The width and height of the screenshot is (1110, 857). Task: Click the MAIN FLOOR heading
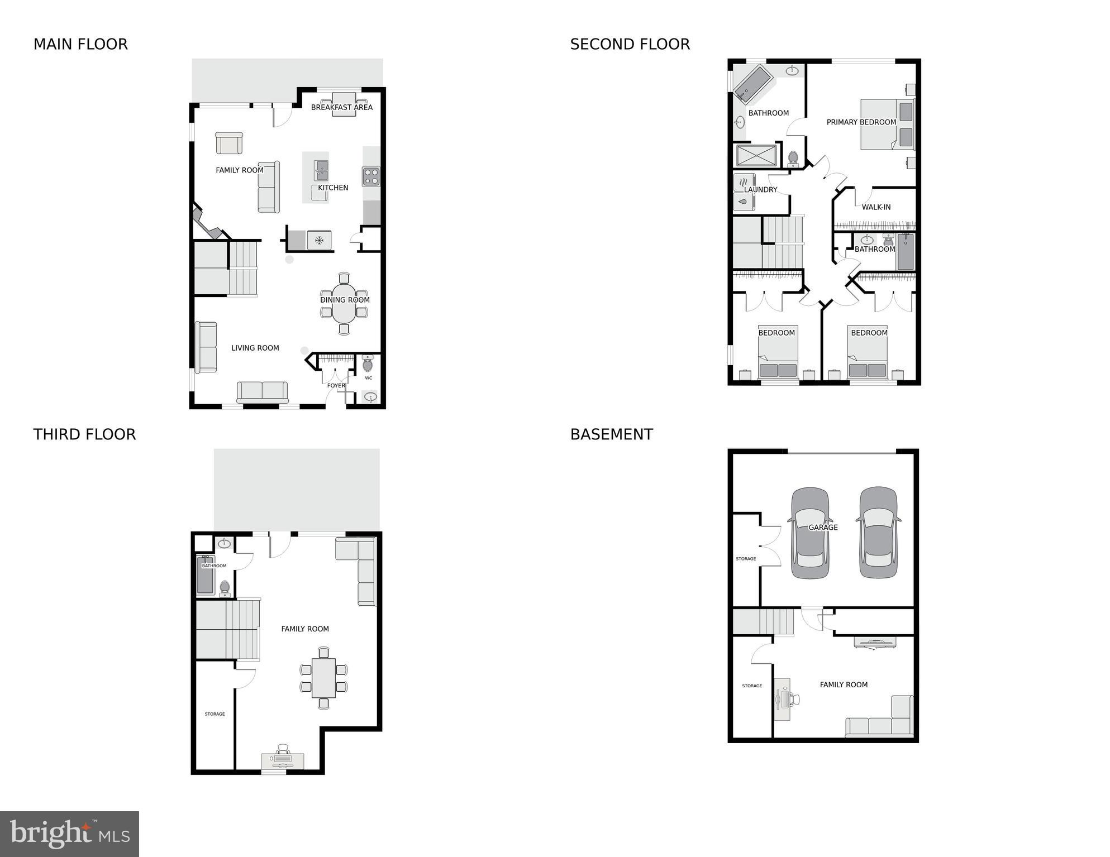[80, 44]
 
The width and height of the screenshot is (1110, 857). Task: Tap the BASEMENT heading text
[611, 434]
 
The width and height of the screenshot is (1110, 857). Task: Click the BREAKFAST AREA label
[341, 107]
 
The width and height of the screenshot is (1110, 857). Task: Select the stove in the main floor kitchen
[371, 176]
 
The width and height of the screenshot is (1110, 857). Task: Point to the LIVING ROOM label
[255, 348]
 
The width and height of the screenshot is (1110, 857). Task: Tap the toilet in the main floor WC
[368, 364]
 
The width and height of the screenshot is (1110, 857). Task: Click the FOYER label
[336, 385]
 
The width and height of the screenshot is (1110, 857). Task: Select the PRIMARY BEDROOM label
[861, 122]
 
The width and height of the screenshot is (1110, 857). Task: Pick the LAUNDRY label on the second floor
[760, 190]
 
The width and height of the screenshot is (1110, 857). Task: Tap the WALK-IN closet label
[876, 207]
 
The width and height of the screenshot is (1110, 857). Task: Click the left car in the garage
[810, 533]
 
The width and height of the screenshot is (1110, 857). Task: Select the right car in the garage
[878, 533]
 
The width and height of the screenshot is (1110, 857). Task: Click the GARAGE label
[823, 527]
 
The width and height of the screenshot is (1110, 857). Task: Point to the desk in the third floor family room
[283, 760]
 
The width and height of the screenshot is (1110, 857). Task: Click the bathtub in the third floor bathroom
[205, 575]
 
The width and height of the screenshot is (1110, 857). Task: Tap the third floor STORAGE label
[215, 714]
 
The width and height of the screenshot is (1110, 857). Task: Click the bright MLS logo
[69, 834]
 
